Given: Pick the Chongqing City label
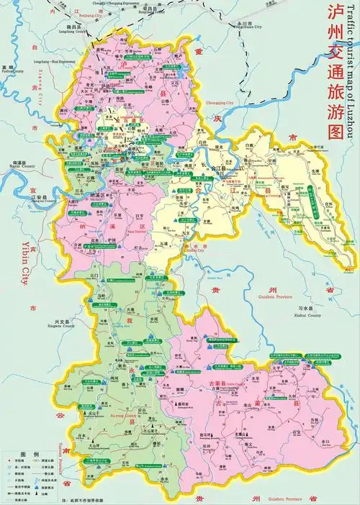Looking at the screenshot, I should point(220,103).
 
